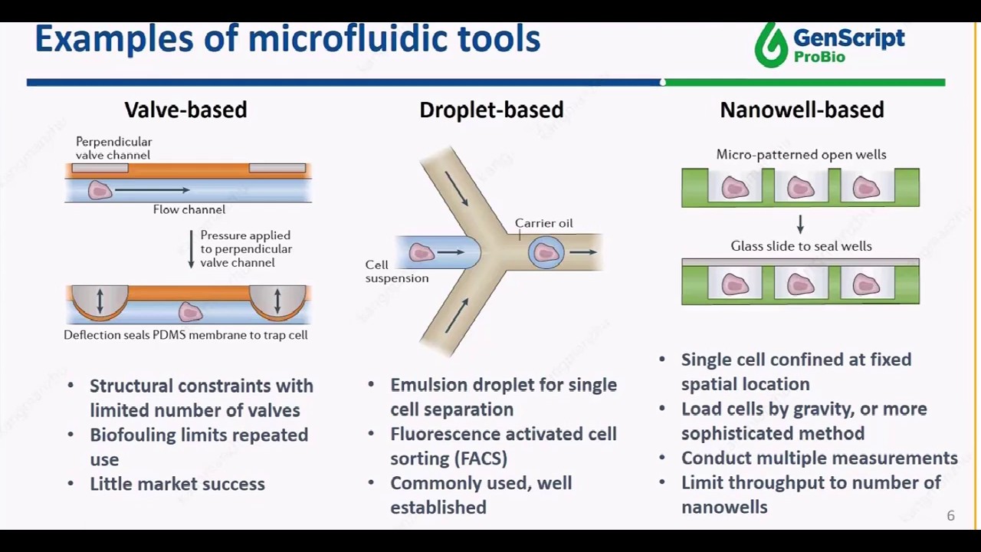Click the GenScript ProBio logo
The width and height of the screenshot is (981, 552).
pyautogui.click(x=829, y=44)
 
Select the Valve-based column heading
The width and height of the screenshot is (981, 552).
pyautogui.click(x=185, y=110)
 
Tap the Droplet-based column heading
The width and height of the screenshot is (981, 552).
pyautogui.click(x=491, y=110)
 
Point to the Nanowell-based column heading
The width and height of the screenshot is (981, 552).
pyautogui.click(x=802, y=110)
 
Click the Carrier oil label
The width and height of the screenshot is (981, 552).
pyautogui.click(x=543, y=223)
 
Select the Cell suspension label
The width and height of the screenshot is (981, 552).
pyautogui.click(x=396, y=271)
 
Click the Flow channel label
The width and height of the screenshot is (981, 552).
pyautogui.click(x=189, y=209)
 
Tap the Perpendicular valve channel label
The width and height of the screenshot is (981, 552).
pyautogui.click(x=113, y=148)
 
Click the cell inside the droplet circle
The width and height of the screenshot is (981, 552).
pyautogui.click(x=546, y=253)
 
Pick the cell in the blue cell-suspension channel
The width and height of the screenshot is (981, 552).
pyautogui.click(x=421, y=252)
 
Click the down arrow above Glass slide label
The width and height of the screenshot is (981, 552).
pyautogui.click(x=800, y=224)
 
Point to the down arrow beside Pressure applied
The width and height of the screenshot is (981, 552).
pyautogui.click(x=191, y=249)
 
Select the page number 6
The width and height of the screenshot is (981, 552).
pyautogui.click(x=950, y=516)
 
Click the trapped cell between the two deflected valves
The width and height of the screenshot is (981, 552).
pyautogui.click(x=190, y=311)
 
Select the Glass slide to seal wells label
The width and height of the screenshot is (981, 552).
pyautogui.click(x=801, y=246)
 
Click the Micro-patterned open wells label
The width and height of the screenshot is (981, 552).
pyautogui.click(x=801, y=154)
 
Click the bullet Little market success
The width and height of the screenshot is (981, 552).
pyautogui.click(x=177, y=484)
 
